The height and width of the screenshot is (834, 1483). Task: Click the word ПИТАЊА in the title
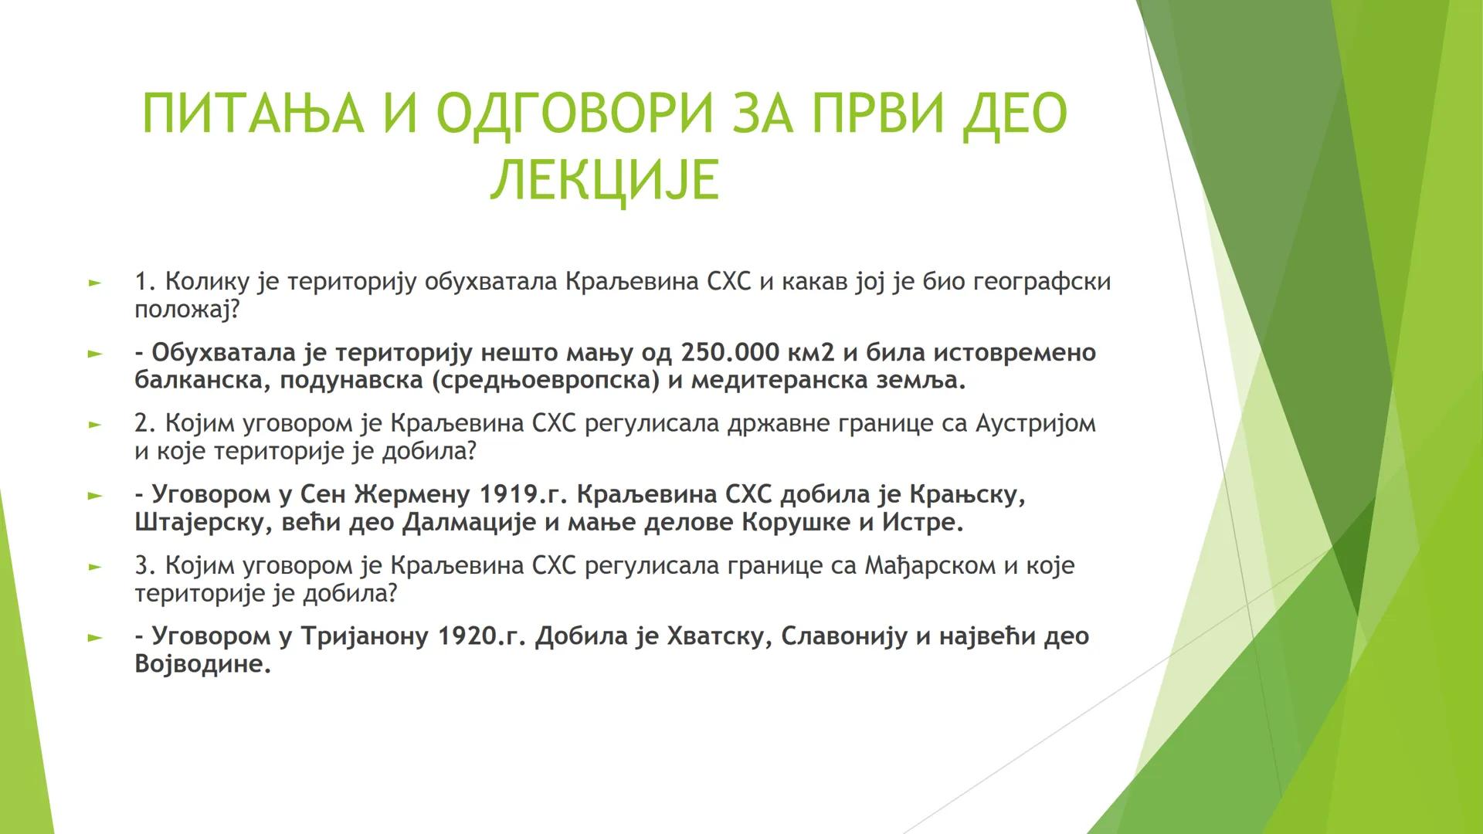253,114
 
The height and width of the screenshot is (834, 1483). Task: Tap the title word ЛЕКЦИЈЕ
605,180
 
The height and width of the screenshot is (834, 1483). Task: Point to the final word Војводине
202,664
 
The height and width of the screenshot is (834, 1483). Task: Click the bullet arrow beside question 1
94,283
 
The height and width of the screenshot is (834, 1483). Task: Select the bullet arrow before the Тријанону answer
94,638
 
